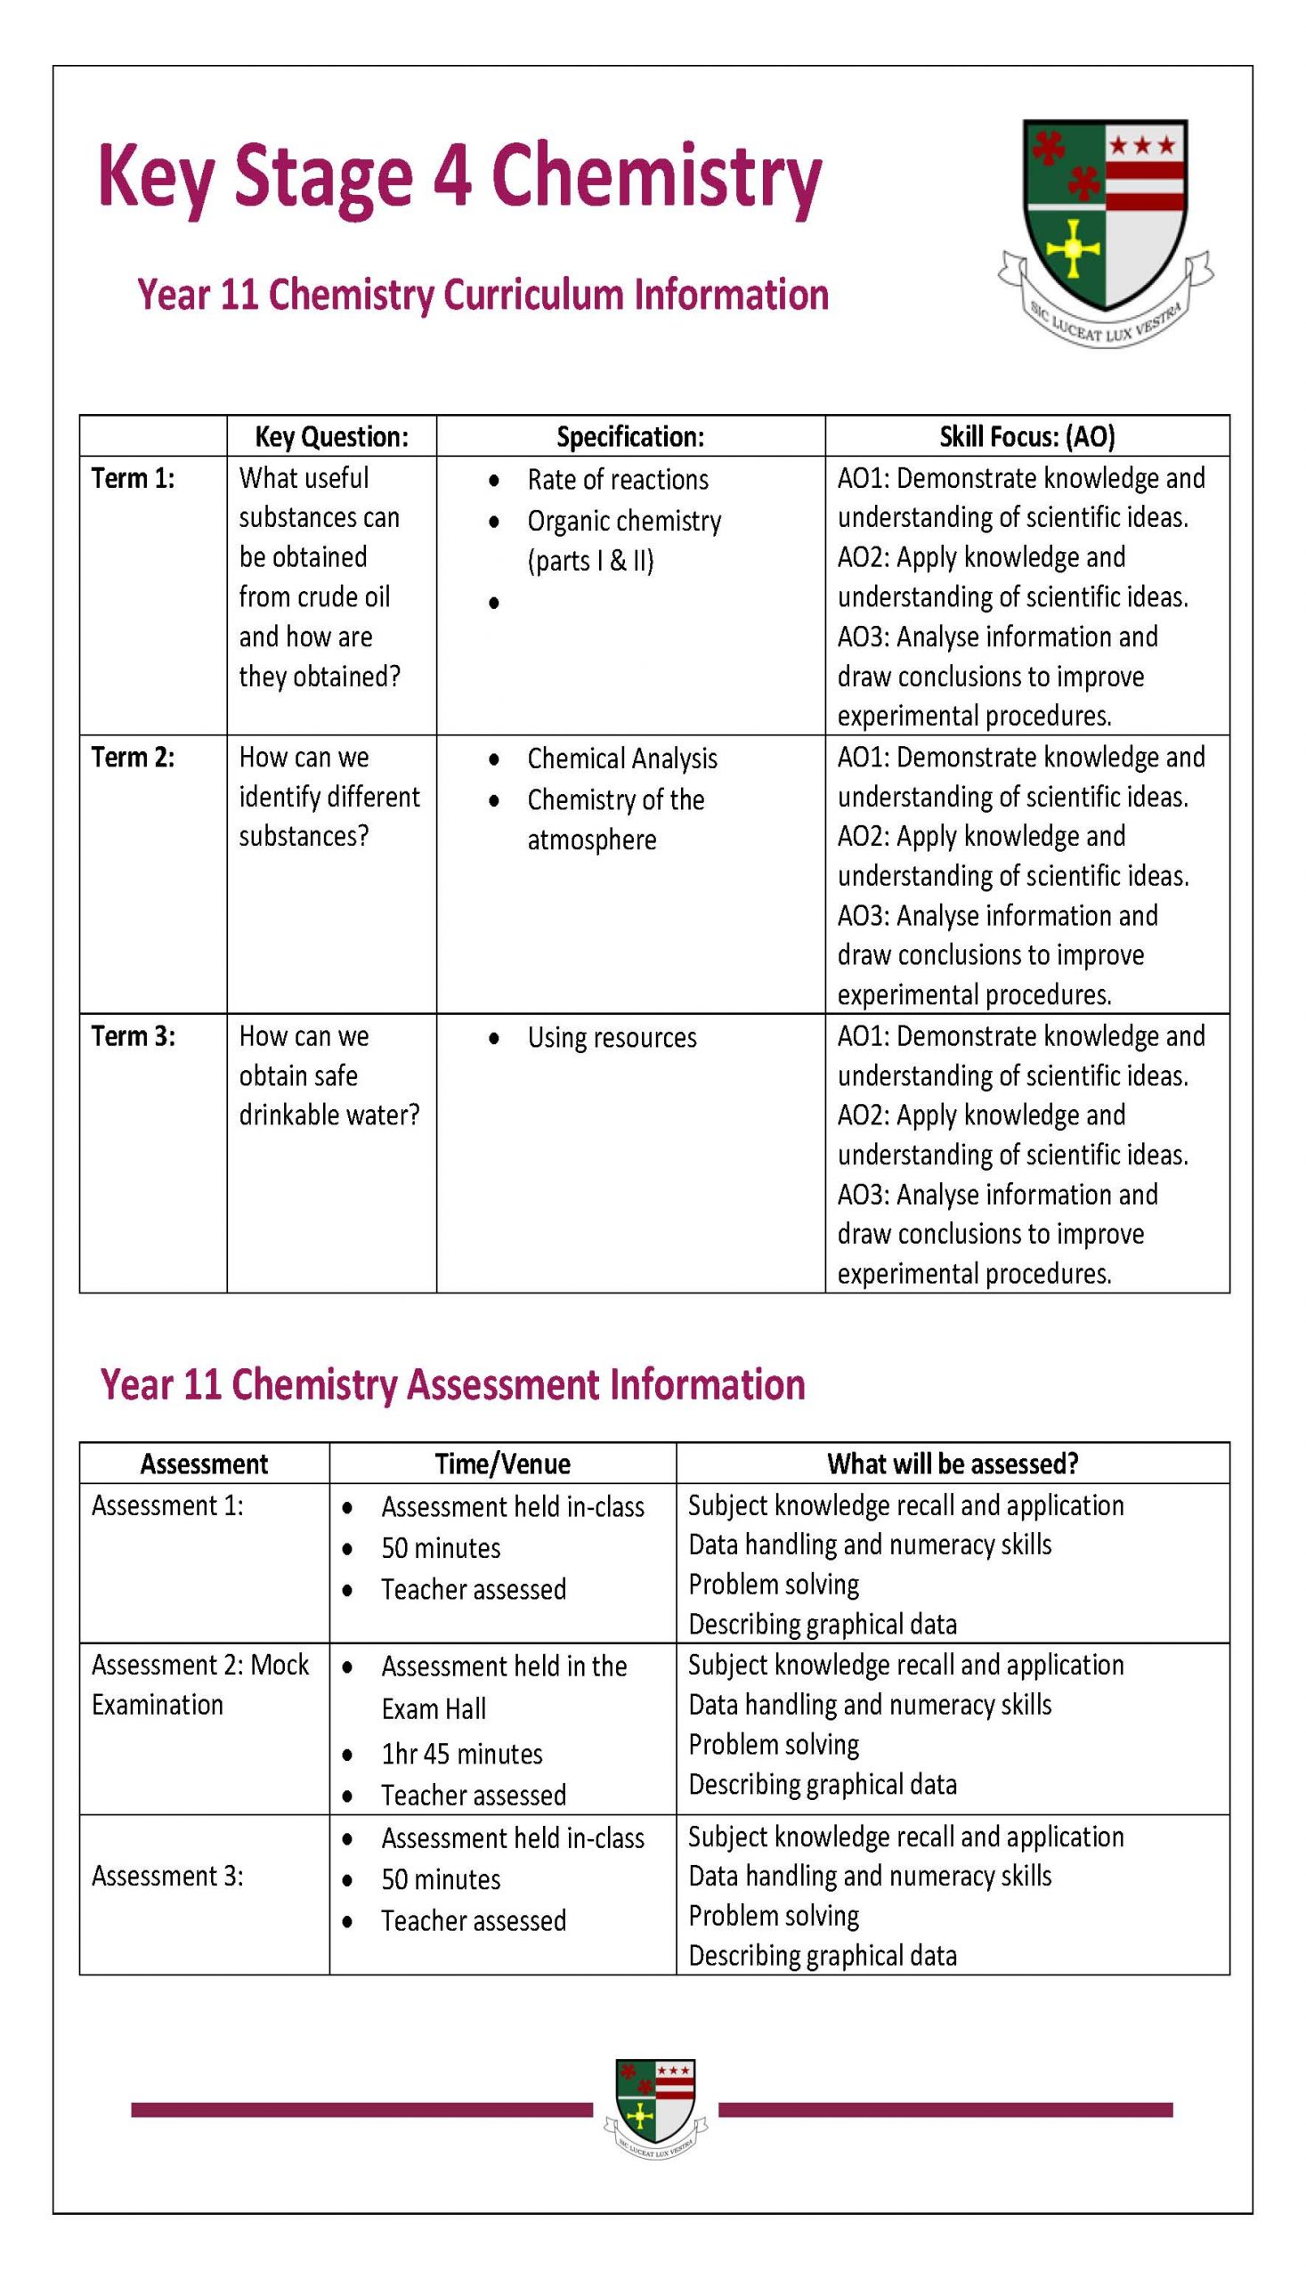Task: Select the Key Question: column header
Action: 331,437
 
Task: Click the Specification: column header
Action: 629,437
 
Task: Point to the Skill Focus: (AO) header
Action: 1026,437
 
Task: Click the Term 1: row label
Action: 133,478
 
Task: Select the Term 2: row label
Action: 133,757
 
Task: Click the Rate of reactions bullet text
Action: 617,480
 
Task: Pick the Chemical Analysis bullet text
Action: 621,758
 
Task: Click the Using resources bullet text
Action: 611,1038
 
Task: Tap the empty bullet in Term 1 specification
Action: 493,604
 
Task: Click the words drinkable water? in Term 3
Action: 329,1115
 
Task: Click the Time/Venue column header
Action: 502,1464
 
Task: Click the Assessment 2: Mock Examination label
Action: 199,1684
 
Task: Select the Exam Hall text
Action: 434,1708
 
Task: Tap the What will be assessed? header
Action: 952,1464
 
